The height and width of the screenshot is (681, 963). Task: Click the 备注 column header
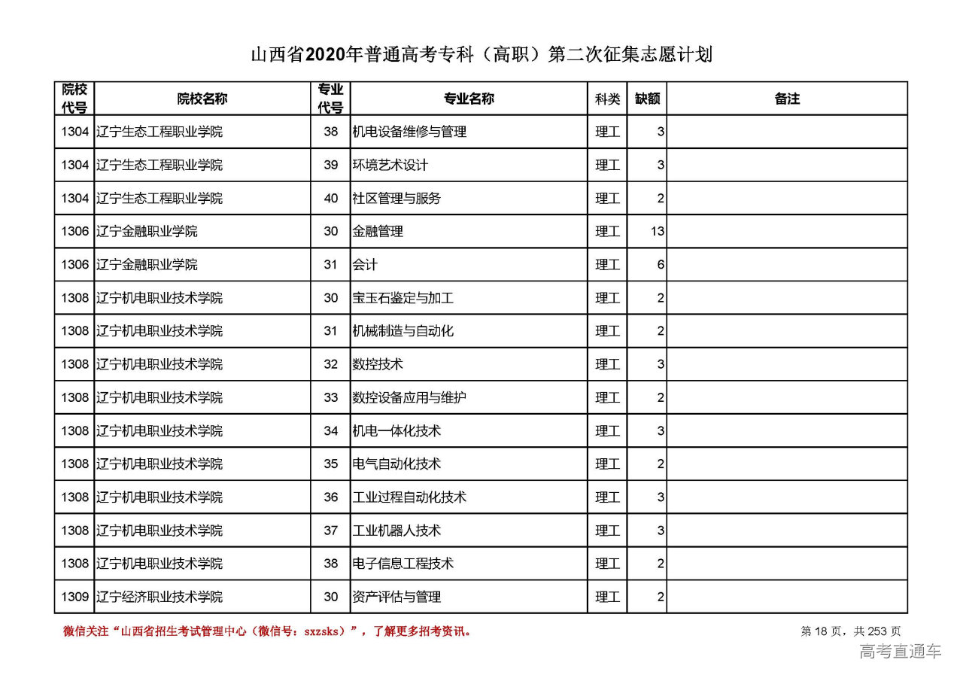(787, 99)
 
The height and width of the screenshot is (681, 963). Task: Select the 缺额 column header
(647, 99)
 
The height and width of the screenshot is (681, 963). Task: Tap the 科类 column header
(607, 99)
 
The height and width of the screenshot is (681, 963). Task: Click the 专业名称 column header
(469, 99)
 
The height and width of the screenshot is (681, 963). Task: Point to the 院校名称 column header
(202, 99)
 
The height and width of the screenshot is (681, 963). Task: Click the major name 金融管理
(378, 232)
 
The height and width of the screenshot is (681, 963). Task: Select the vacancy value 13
(658, 232)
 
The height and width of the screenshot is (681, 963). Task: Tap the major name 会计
(365, 265)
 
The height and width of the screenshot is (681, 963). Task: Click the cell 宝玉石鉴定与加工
(403, 298)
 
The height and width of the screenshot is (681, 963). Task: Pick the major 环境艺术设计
(390, 166)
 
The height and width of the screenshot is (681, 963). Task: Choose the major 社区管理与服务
(396, 199)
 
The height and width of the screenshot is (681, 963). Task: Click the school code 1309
(75, 597)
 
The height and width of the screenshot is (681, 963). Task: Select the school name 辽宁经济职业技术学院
(159, 597)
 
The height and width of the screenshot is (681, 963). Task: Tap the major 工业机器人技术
(396, 531)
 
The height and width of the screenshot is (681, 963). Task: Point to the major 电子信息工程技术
(403, 564)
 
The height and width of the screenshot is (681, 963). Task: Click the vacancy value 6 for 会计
(661, 265)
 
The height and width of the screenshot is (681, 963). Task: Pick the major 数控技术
(378, 364)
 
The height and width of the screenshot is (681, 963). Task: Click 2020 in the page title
(325, 55)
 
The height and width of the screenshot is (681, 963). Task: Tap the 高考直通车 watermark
(900, 652)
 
